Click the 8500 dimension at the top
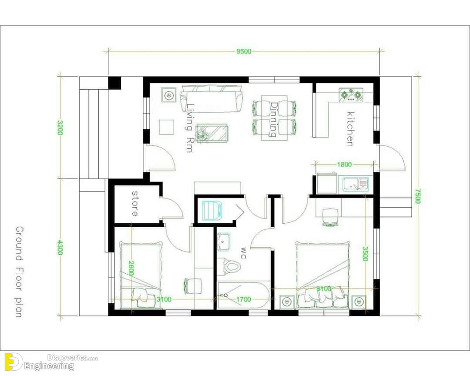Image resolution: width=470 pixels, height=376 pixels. [x=244, y=52]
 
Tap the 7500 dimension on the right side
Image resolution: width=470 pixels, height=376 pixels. [x=418, y=196]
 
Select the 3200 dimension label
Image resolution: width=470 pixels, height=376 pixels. [x=60, y=128]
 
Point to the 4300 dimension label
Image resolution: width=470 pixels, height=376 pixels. [x=60, y=247]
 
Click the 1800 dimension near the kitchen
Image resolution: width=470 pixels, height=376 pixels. [x=344, y=164]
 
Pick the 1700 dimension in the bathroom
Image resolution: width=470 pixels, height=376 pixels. [x=243, y=299]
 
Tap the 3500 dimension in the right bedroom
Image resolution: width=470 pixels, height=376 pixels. [x=365, y=254]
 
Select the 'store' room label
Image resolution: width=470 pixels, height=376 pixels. [x=135, y=203]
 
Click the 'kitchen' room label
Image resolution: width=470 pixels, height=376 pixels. [x=350, y=129]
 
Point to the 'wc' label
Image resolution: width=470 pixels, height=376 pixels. [x=243, y=253]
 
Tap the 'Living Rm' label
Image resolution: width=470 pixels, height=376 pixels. [x=189, y=128]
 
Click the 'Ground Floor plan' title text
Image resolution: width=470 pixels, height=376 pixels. [x=19, y=272]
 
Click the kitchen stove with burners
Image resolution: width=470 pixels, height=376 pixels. [x=351, y=95]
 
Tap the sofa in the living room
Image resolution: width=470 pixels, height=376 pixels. [x=211, y=99]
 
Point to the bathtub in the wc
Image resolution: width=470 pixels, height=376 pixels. [x=243, y=295]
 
